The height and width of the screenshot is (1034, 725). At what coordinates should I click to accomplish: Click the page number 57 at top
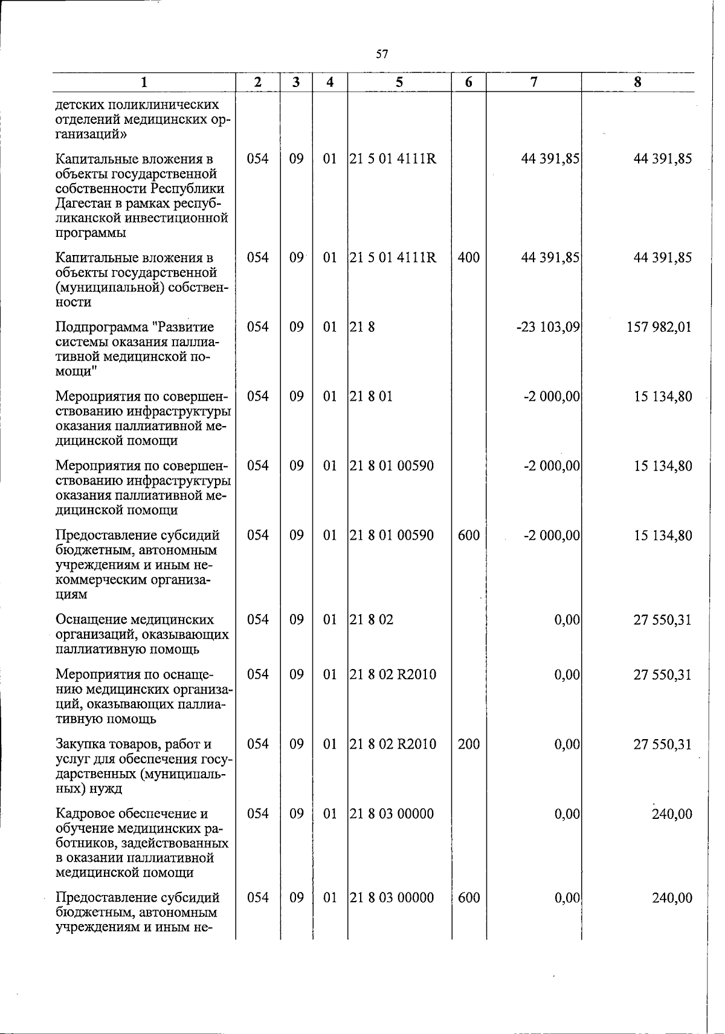[x=381, y=54]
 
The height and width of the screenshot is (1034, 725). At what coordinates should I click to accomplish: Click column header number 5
[x=399, y=83]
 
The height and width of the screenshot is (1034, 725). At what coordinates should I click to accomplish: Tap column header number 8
[x=637, y=83]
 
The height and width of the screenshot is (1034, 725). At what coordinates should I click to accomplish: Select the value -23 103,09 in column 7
[x=549, y=328]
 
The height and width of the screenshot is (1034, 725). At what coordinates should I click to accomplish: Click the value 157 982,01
[x=661, y=328]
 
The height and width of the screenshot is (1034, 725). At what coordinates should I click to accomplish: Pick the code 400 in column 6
[x=468, y=258]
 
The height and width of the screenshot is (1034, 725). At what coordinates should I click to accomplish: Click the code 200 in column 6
[x=468, y=745]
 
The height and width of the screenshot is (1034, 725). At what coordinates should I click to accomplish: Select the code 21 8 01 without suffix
[x=371, y=397]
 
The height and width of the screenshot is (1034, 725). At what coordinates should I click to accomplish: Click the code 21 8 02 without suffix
[x=372, y=620]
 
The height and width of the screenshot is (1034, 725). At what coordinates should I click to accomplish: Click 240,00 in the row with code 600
[x=672, y=898]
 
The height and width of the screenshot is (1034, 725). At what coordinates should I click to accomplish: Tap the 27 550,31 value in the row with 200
[x=662, y=745]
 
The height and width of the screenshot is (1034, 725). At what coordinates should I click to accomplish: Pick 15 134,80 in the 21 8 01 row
[x=662, y=397]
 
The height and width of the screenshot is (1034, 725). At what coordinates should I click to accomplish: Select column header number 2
[x=258, y=83]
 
